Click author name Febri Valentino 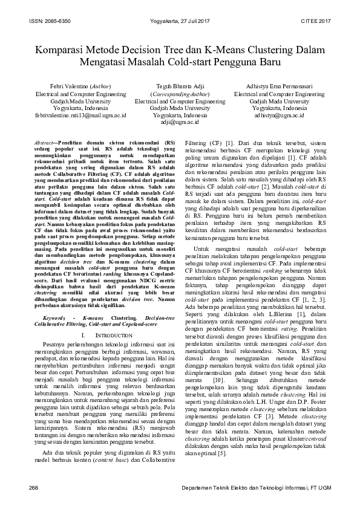pyautogui.click(x=66, y=87)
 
